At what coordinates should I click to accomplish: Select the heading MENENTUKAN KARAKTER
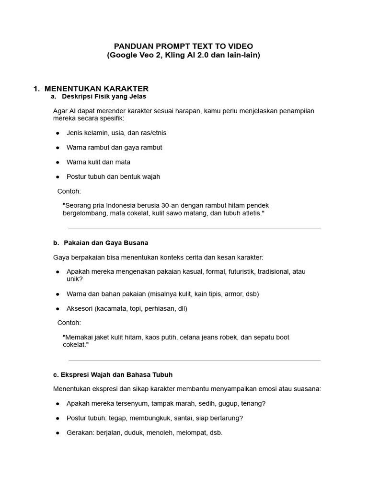[x=96, y=89]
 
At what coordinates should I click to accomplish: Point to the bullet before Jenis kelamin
[x=58, y=133]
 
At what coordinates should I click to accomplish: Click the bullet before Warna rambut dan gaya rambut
[x=58, y=148]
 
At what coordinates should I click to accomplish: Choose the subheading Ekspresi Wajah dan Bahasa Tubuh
[x=116, y=374]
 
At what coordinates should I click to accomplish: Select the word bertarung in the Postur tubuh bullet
[x=226, y=418]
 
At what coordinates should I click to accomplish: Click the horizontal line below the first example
[x=195, y=229]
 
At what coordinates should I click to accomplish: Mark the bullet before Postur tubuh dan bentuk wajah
[x=58, y=177]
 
